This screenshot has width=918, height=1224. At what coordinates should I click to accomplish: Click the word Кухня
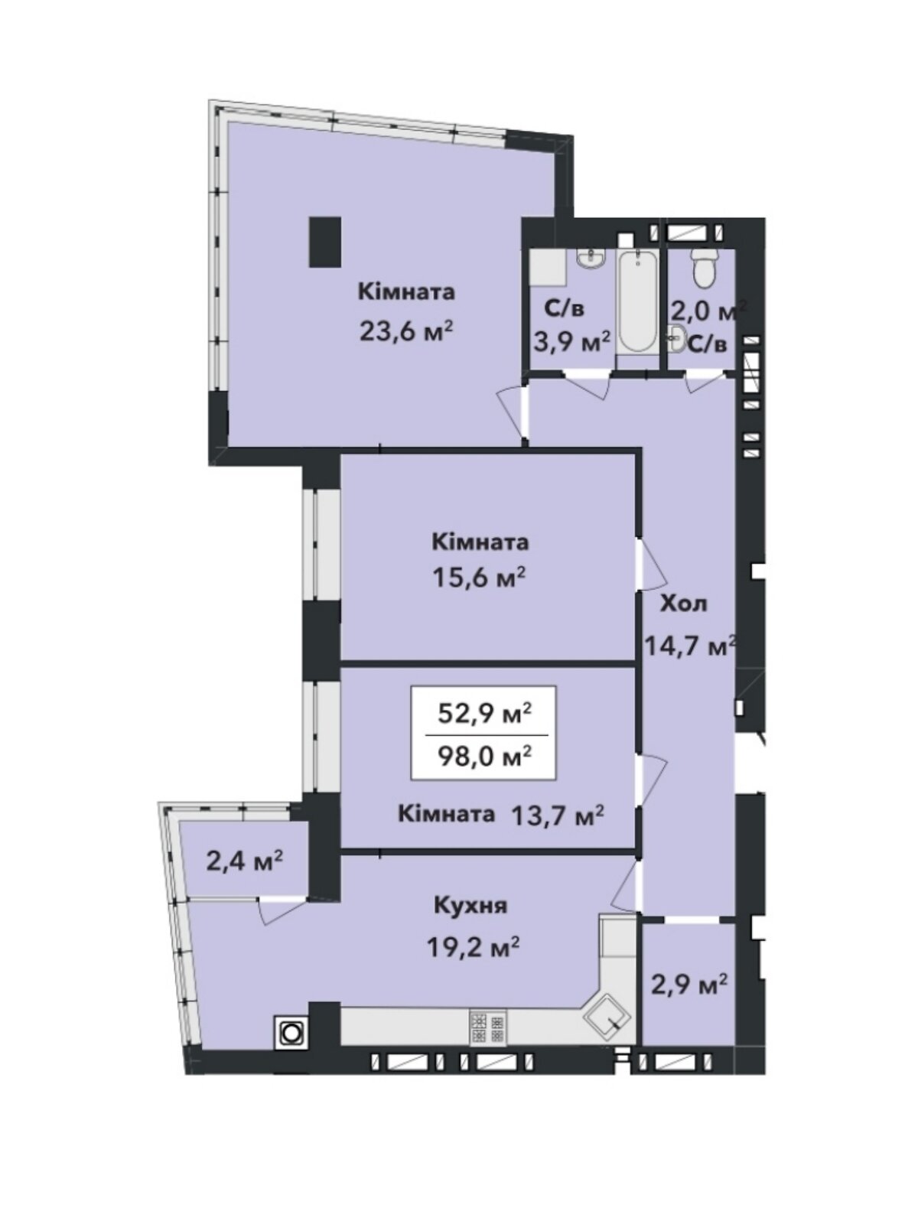471,906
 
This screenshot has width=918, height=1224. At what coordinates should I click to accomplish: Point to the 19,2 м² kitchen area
474,945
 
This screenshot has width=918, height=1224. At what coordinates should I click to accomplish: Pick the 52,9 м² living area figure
483,714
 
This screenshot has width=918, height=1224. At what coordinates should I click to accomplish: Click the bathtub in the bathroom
638,301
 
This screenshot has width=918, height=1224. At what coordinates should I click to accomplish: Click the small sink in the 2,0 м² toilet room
678,339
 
